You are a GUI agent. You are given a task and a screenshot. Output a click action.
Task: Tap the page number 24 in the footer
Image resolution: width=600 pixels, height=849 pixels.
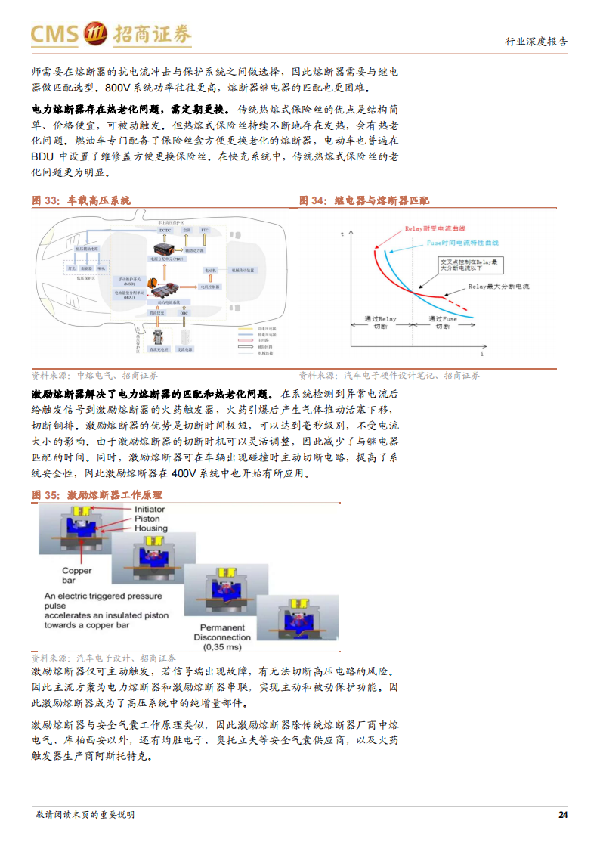tap(562, 814)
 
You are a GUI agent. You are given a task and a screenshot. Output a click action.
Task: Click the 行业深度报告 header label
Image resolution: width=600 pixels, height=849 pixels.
tap(536, 42)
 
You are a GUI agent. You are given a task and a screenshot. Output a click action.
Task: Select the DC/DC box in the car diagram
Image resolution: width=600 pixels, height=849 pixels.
tap(165, 229)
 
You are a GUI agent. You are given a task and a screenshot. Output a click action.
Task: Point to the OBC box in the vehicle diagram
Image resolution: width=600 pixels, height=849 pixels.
tap(184, 312)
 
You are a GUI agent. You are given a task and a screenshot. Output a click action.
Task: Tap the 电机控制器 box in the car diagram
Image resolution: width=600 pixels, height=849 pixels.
tap(210, 287)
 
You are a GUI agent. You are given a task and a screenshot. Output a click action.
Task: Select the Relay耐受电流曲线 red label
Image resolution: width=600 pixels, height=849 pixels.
tap(435, 228)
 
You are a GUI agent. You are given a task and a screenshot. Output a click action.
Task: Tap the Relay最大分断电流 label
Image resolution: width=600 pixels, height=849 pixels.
tap(499, 287)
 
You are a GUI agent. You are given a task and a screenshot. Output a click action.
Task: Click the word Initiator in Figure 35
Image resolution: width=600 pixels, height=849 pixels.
tap(150, 510)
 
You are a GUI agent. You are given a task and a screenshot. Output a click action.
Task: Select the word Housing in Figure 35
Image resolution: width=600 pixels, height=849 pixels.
tap(150, 528)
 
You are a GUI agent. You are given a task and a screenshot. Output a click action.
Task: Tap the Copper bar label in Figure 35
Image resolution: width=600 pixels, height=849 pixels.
tap(76, 575)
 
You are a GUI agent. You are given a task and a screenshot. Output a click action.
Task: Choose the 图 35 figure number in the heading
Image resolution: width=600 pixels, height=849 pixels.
tap(45, 495)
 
